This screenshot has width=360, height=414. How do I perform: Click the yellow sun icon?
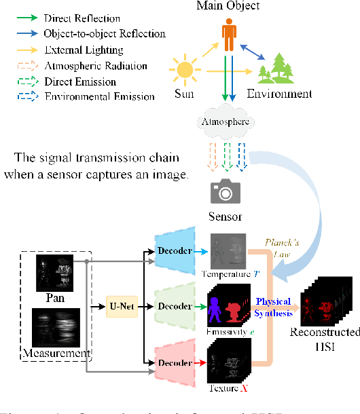coord(185,70)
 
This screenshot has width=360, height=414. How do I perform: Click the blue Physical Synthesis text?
coord(274,306)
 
